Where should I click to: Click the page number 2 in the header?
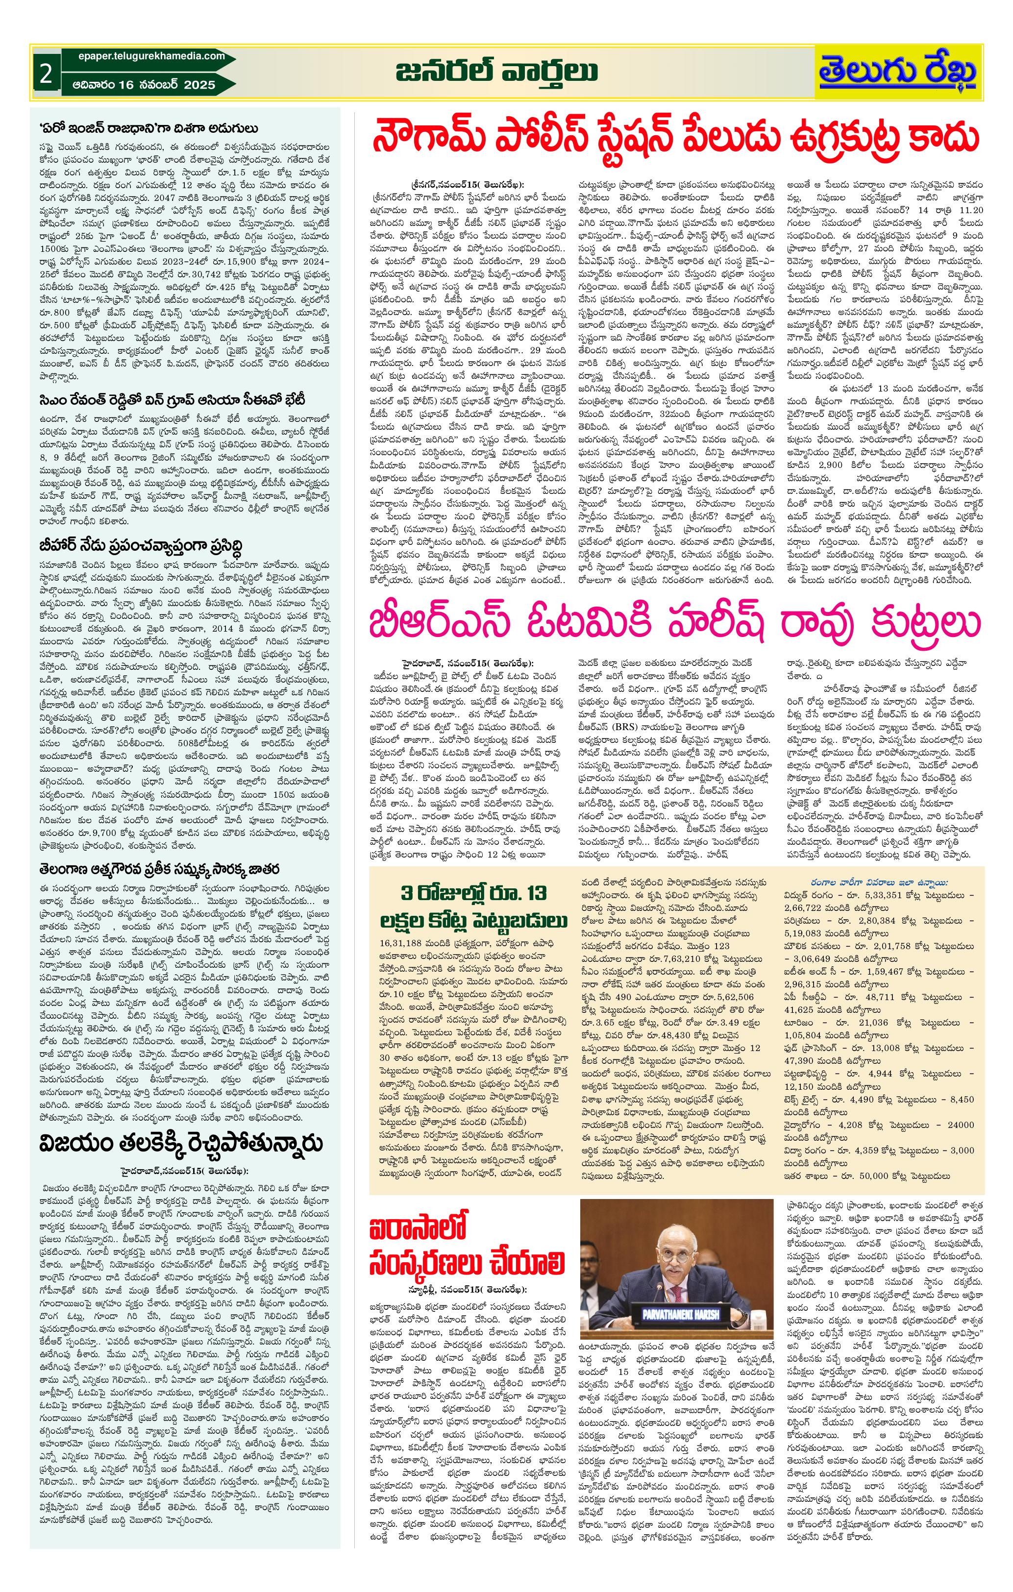pyautogui.click(x=46, y=74)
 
